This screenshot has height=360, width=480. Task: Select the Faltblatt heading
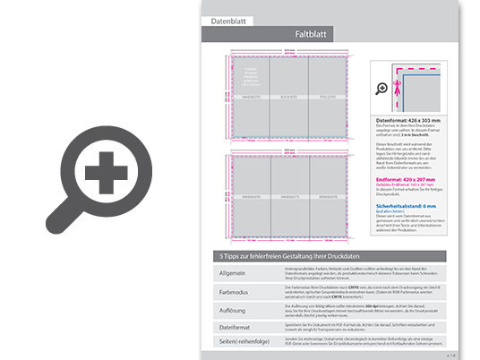[308, 33]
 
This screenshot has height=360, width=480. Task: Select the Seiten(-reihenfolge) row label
[229, 344]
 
